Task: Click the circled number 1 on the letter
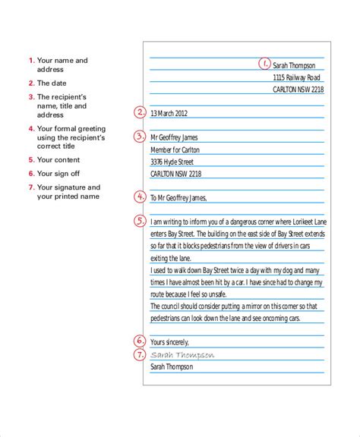(x=264, y=64)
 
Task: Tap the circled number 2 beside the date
(x=140, y=113)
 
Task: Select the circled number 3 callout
(x=140, y=137)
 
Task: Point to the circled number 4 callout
(x=140, y=197)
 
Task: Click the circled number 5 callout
(x=140, y=222)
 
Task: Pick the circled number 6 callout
(x=140, y=341)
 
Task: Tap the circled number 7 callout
(x=140, y=354)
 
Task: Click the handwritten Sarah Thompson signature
(x=182, y=354)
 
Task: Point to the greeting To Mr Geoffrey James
(x=178, y=198)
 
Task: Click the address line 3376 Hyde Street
(x=172, y=162)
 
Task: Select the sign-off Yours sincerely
(x=171, y=342)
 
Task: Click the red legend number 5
(x=31, y=160)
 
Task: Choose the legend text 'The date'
(x=52, y=83)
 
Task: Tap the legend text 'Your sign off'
(x=58, y=174)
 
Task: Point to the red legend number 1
(x=31, y=61)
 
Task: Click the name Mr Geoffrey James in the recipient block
(x=176, y=138)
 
